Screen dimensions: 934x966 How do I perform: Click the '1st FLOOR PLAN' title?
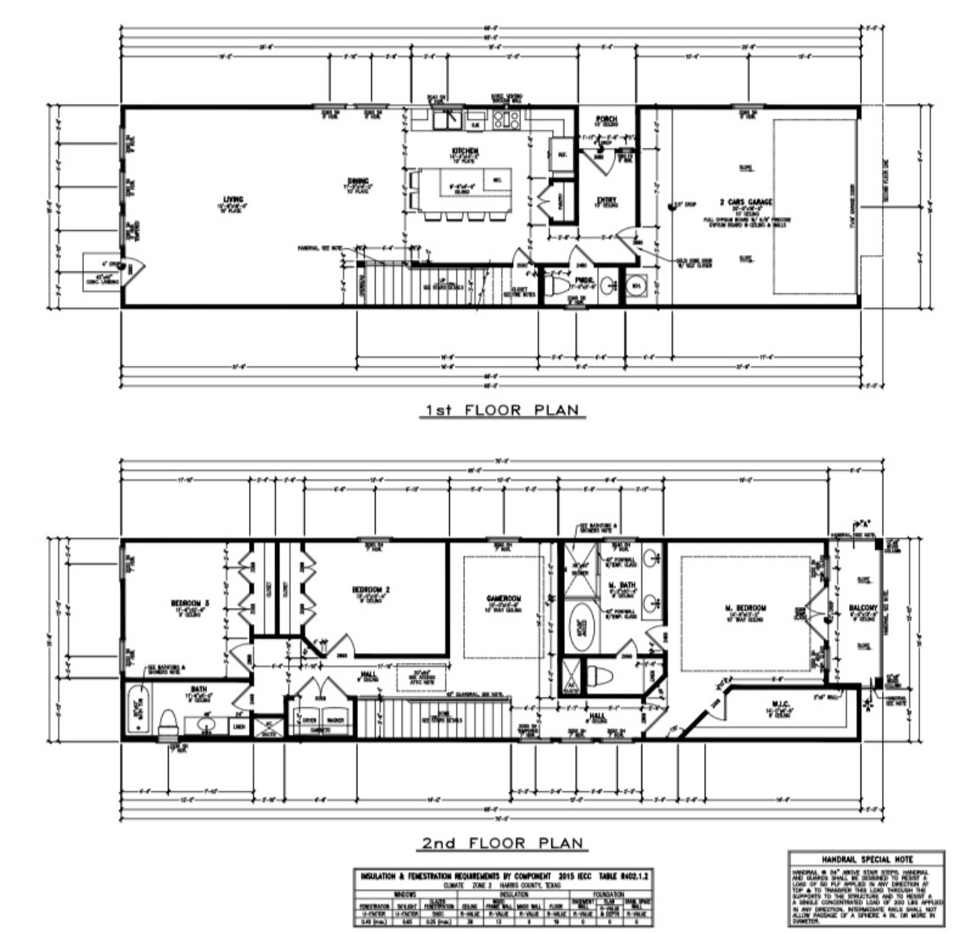tap(502, 410)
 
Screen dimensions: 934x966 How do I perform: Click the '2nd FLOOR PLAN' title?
tap(504, 843)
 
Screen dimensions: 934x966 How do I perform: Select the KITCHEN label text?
tap(465, 150)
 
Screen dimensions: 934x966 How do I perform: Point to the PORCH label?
tap(606, 120)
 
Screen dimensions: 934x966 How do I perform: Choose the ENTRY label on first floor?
tap(606, 200)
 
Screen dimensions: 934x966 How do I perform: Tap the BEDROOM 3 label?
tap(189, 603)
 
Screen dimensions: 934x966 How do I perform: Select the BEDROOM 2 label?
tap(371, 589)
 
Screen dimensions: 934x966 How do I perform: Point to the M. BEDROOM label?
tap(745, 608)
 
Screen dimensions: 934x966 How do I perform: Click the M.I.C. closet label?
tap(779, 703)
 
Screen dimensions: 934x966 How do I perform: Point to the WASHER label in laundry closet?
tap(336, 719)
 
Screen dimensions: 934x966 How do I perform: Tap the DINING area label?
tap(360, 181)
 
